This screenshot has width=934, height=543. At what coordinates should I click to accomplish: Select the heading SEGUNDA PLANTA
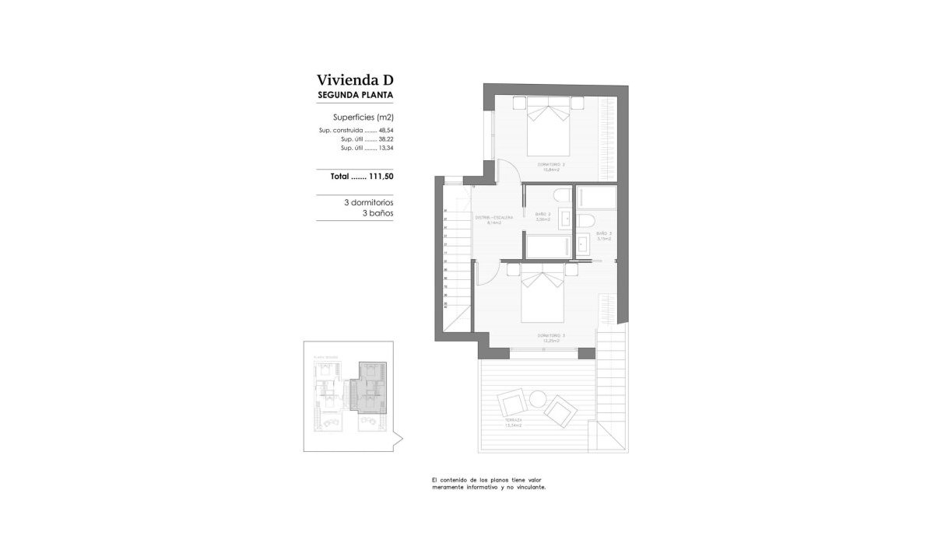pos(355,96)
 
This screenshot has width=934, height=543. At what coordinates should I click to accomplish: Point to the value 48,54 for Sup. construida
pos(386,130)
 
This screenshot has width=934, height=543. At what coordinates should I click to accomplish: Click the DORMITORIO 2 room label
pos(551,164)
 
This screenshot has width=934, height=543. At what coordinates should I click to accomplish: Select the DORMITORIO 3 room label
pos(551,335)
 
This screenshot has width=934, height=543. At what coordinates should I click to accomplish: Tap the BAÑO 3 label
pos(604,233)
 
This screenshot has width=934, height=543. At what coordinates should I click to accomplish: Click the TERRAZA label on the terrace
pos(512,421)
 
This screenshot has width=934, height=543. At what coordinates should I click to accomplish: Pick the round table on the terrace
pos(538,399)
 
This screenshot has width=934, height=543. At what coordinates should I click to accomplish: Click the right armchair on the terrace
pos(560,409)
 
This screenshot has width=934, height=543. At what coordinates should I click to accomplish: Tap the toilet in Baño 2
pos(560,195)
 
